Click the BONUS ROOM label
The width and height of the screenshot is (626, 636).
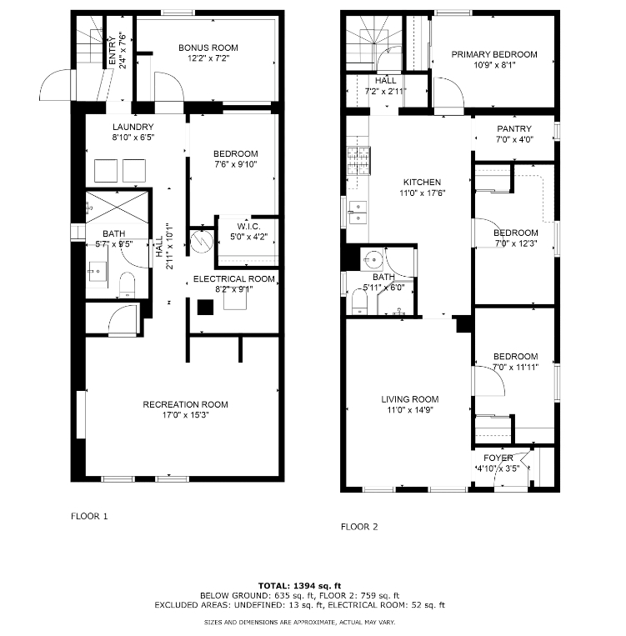point(208,48)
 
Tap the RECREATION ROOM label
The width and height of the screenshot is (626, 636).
point(185,404)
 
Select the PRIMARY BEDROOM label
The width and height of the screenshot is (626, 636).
point(494,54)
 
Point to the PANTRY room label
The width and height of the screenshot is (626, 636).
point(514,128)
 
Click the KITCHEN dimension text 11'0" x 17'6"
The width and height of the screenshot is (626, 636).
point(423,193)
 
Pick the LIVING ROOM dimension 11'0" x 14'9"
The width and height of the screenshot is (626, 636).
point(410,409)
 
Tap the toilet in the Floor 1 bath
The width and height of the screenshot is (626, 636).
point(127,285)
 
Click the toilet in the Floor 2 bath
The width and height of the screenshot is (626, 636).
point(359,301)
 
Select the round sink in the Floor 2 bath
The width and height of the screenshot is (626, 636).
point(372,259)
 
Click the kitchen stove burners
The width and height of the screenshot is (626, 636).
point(358,161)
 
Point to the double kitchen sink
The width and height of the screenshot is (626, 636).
point(358,213)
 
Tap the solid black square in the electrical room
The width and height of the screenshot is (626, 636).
point(205,307)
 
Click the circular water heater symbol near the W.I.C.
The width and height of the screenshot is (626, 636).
point(202,242)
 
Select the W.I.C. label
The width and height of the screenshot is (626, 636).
point(248,227)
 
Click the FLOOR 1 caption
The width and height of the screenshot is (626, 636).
point(89,516)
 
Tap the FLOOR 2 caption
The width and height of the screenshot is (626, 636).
point(359,527)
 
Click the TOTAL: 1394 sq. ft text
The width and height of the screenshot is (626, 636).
point(300,586)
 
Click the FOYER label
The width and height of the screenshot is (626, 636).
point(498,458)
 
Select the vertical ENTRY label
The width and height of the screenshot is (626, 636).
point(113,50)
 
